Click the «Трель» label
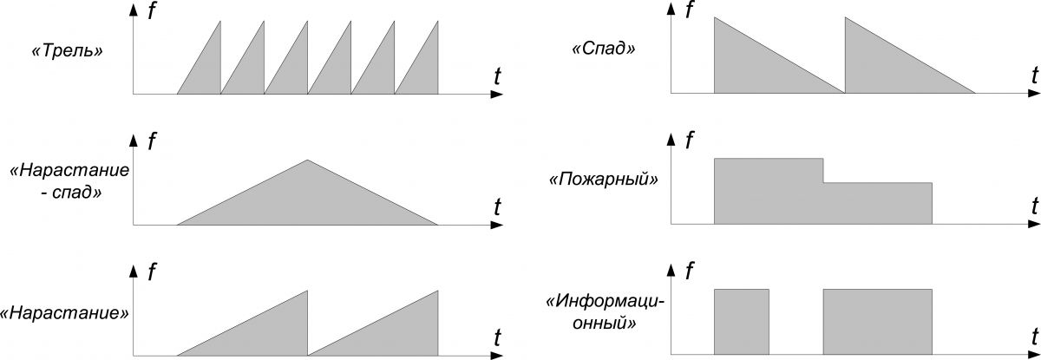[67, 50]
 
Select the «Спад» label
[603, 49]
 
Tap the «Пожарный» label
[603, 179]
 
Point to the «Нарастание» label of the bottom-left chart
[64, 312]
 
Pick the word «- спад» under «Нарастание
[70, 192]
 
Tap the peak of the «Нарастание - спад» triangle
[307, 160]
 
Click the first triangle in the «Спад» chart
[757, 65]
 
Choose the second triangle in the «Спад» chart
[888, 65]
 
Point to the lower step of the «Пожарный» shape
[878, 204]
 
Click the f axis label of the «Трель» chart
[152, 10]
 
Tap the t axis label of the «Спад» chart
[1034, 75]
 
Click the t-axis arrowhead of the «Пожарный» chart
[1033, 225]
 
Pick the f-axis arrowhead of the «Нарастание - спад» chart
[134, 141]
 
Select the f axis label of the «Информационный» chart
[690, 271]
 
